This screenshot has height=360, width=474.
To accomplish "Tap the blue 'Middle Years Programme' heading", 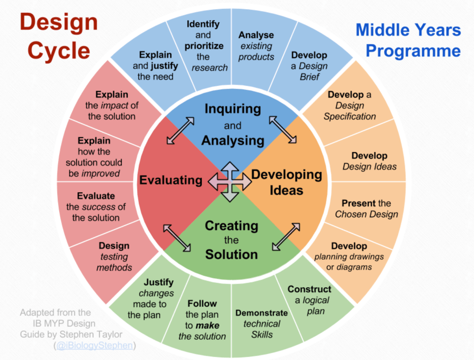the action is [x=408, y=40].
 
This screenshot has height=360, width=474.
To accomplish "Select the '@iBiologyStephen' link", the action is [x=94, y=345].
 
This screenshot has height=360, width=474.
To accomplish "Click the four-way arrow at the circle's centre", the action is [x=230, y=182].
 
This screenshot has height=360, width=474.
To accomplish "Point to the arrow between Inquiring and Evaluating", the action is [x=181, y=131].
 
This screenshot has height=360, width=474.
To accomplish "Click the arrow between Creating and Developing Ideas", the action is [x=286, y=237].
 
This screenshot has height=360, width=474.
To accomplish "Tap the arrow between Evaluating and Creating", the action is [x=177, y=238].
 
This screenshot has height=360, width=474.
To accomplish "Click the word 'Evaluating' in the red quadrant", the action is [x=171, y=180].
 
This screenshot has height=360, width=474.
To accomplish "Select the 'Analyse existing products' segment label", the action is [x=256, y=46].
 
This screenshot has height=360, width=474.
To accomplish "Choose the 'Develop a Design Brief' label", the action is [x=309, y=66].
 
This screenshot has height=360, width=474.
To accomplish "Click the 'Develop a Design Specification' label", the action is [x=350, y=105].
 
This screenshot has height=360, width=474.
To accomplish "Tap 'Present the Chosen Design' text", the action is [x=367, y=209].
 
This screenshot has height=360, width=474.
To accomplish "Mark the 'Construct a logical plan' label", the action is [x=310, y=300].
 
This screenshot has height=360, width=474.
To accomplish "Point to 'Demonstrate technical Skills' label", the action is [x=262, y=324].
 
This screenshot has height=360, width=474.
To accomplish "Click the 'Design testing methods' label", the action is [x=114, y=257].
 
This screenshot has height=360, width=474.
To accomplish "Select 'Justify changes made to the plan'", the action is [x=150, y=298].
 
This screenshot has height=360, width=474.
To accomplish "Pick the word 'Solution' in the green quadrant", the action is [x=231, y=254].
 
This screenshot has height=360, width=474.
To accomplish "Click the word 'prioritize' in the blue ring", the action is [x=204, y=46].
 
